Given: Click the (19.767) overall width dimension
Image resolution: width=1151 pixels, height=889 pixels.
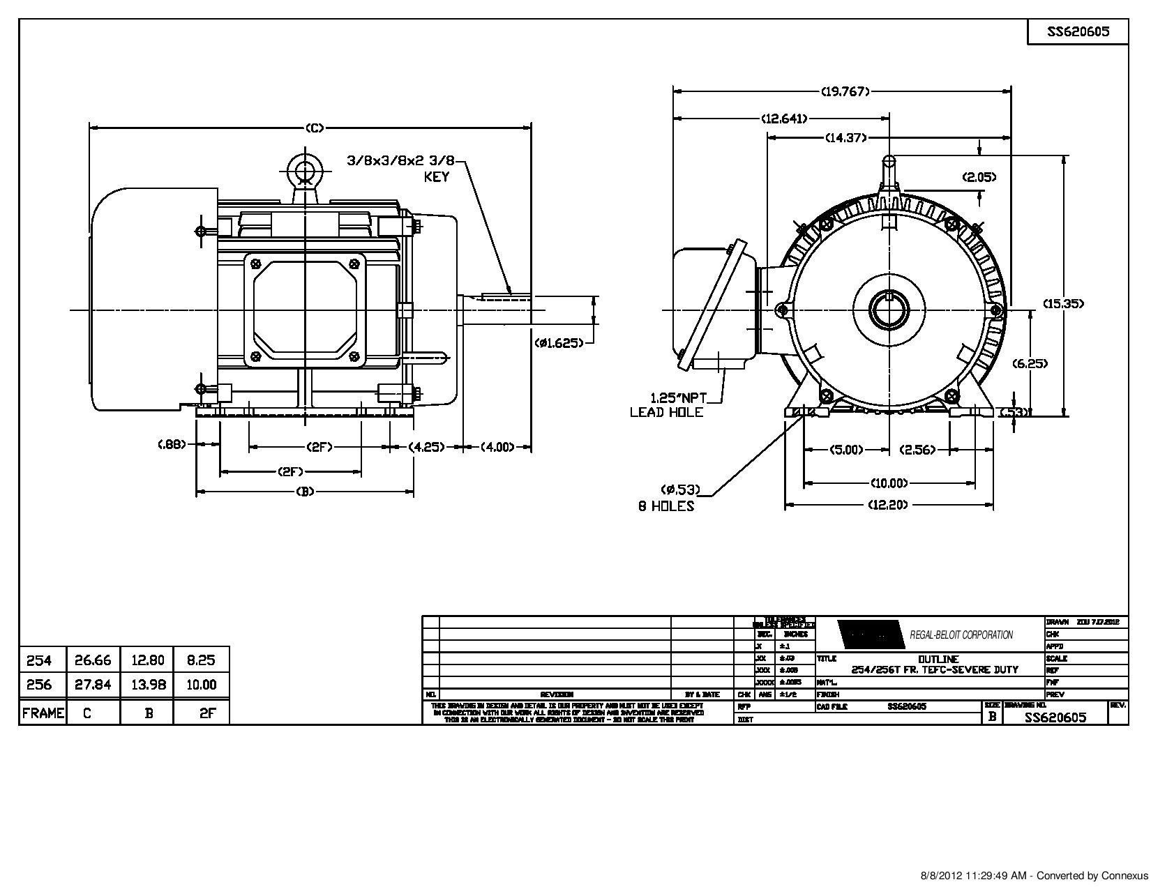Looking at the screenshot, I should (x=845, y=91).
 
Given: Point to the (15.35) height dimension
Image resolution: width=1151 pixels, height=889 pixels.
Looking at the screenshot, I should (x=1063, y=304).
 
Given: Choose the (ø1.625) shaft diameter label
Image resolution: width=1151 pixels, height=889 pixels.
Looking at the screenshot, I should (x=558, y=343).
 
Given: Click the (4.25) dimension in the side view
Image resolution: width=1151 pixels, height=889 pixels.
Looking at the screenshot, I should (x=426, y=447).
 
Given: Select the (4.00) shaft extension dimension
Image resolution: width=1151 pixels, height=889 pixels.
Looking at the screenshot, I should (x=497, y=447).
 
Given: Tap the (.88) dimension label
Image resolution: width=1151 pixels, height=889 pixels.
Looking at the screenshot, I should (x=172, y=445).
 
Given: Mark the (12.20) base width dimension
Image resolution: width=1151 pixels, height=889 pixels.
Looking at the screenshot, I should (x=887, y=505).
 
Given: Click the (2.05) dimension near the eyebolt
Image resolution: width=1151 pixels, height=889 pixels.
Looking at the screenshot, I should (x=979, y=177).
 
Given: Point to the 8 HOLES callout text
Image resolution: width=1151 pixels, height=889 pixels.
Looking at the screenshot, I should (x=666, y=507).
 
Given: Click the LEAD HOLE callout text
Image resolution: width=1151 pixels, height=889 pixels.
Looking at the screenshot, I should (x=666, y=412).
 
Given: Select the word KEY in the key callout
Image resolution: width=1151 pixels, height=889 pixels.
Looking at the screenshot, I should (x=437, y=177).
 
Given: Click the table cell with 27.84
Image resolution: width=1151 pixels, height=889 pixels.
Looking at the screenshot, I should (x=93, y=685).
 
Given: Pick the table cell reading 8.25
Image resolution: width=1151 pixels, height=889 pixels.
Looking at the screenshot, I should (x=201, y=660).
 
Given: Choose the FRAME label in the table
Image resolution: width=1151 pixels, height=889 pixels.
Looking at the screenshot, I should (x=43, y=713).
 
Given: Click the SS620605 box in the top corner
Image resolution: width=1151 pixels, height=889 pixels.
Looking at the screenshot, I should (x=1078, y=32).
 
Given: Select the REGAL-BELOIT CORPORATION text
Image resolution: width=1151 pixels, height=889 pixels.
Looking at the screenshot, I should (x=961, y=635).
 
